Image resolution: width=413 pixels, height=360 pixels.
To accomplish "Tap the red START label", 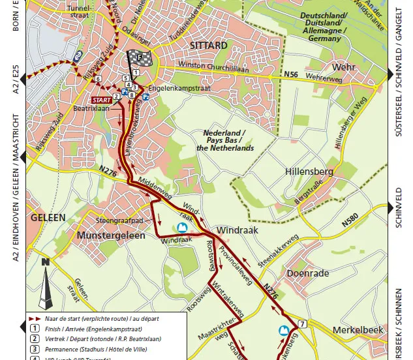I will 101,100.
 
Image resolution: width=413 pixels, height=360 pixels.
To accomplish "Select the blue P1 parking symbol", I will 124,93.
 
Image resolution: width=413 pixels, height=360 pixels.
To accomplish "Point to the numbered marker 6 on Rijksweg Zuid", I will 98,78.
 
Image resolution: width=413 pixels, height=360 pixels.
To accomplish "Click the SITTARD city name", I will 209,45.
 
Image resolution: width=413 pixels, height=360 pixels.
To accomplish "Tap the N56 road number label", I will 291,75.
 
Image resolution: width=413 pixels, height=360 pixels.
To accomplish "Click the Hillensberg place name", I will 309,172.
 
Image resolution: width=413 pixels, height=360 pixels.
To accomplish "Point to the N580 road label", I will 351,221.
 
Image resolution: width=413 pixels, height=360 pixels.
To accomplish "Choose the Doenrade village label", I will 307,273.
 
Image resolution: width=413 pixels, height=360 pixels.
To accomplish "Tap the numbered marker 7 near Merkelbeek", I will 302,324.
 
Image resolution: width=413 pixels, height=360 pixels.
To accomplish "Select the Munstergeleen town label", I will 111,235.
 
